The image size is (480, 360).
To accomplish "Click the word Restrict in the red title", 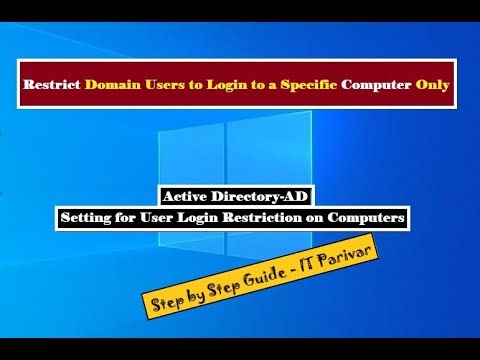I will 51,88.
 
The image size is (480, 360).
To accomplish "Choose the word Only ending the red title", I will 431,88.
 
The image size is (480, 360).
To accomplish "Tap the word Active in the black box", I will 187,196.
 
